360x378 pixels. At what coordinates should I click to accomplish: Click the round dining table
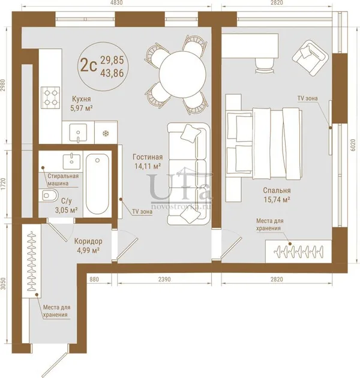click(x=182, y=73)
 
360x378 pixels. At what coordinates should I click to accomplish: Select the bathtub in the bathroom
click(x=97, y=184)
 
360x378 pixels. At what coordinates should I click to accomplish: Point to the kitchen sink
click(x=78, y=133)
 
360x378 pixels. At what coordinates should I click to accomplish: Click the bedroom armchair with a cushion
click(x=311, y=58)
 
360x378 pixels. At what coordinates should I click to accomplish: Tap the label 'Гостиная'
click(x=148, y=157)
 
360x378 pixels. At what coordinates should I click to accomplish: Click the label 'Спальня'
click(x=277, y=190)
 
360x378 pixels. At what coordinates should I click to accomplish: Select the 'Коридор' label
click(x=88, y=241)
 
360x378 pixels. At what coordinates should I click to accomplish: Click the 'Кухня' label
click(x=82, y=99)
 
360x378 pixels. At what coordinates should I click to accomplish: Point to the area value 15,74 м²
click(x=277, y=200)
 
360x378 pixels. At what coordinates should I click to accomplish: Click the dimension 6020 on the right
click(x=353, y=145)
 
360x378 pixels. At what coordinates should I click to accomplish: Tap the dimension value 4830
click(x=116, y=2)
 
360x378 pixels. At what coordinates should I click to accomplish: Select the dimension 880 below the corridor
click(x=94, y=279)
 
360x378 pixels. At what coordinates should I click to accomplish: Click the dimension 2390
click(x=164, y=279)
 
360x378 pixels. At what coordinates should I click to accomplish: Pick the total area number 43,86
click(x=112, y=73)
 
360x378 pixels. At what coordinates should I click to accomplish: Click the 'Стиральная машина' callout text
click(x=63, y=179)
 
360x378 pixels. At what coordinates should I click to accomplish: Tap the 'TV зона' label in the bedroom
click(x=307, y=98)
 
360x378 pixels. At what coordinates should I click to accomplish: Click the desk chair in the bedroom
click(x=265, y=65)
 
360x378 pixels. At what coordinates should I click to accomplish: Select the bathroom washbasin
click(x=71, y=162)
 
